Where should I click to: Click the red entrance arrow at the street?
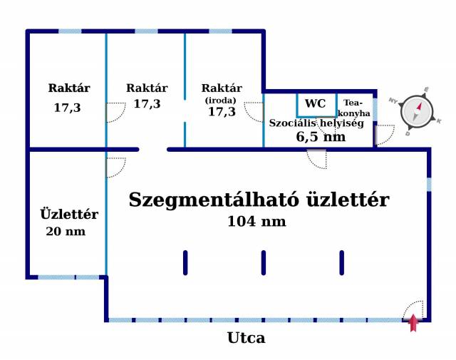click(413, 323)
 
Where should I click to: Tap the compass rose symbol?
click(417, 112)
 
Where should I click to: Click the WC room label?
click(315, 103)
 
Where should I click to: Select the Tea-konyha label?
click(353, 108)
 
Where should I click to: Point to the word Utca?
click(246, 338)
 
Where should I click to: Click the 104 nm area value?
click(256, 221)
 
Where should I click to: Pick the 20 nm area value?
click(66, 232)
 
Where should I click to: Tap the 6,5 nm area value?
click(321, 136)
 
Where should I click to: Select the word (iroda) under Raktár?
click(220, 101)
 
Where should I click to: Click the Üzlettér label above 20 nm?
click(69, 214)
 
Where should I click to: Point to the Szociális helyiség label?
click(316, 123)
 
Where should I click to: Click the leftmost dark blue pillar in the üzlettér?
click(185, 263)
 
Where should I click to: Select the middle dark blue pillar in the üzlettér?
click(264, 263)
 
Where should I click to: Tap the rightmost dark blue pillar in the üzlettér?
click(342, 263)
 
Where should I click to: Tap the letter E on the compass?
click(426, 90)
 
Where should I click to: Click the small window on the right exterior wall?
click(429, 185)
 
